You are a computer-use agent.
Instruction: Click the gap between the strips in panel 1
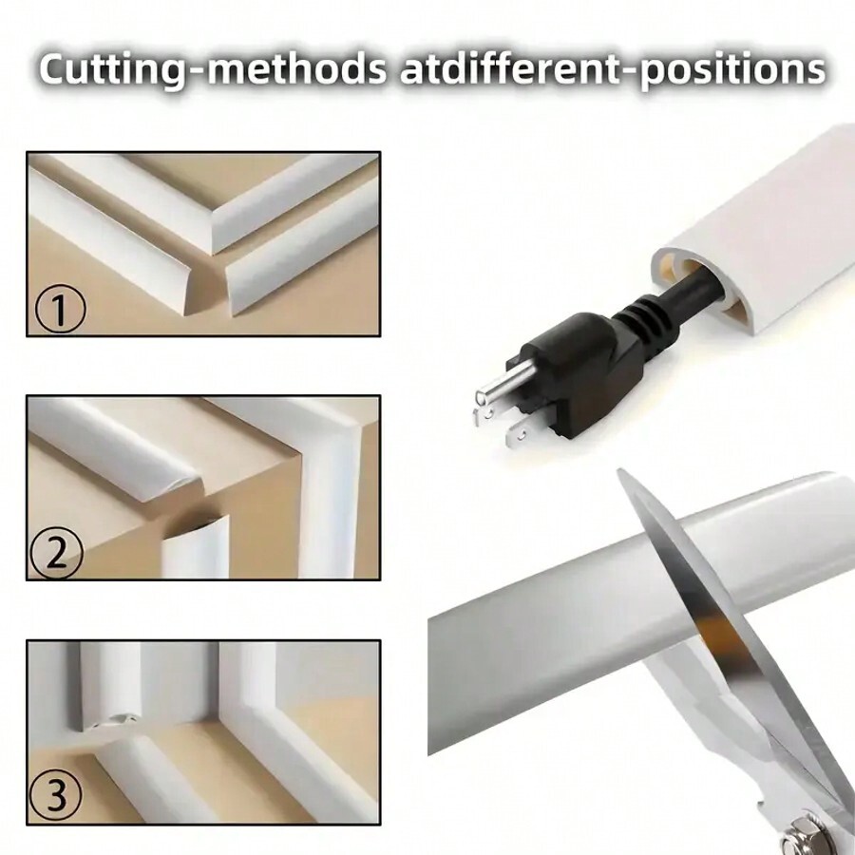pyautogui.click(x=221, y=285)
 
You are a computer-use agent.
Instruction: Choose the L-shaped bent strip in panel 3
pyautogui.click(x=275, y=722)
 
